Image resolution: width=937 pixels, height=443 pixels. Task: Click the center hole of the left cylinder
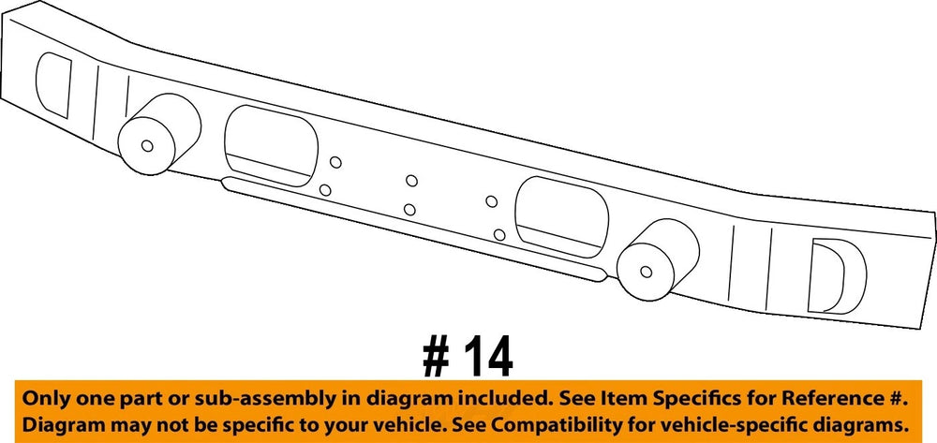[x=147, y=146]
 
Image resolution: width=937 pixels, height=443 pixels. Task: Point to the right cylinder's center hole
[x=646, y=272]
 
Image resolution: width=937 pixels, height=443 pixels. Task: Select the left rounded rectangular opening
[x=271, y=146]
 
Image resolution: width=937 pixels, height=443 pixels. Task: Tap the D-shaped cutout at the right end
[x=837, y=276]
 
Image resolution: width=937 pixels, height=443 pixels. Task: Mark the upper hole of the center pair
[x=411, y=181]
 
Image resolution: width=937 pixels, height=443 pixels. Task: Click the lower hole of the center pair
[x=409, y=210]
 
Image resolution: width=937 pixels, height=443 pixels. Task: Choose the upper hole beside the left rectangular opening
[x=335, y=162]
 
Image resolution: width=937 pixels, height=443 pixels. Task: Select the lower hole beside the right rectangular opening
[x=499, y=235]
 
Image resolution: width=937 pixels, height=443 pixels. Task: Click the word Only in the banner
[x=43, y=398]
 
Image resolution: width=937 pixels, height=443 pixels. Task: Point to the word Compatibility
[x=610, y=425]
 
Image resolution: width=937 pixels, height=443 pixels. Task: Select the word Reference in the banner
[x=829, y=398]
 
